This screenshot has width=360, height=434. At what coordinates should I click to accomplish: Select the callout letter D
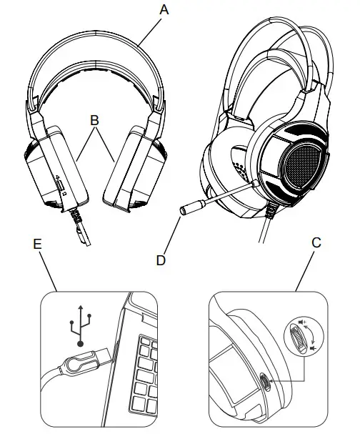tap(161, 260)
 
